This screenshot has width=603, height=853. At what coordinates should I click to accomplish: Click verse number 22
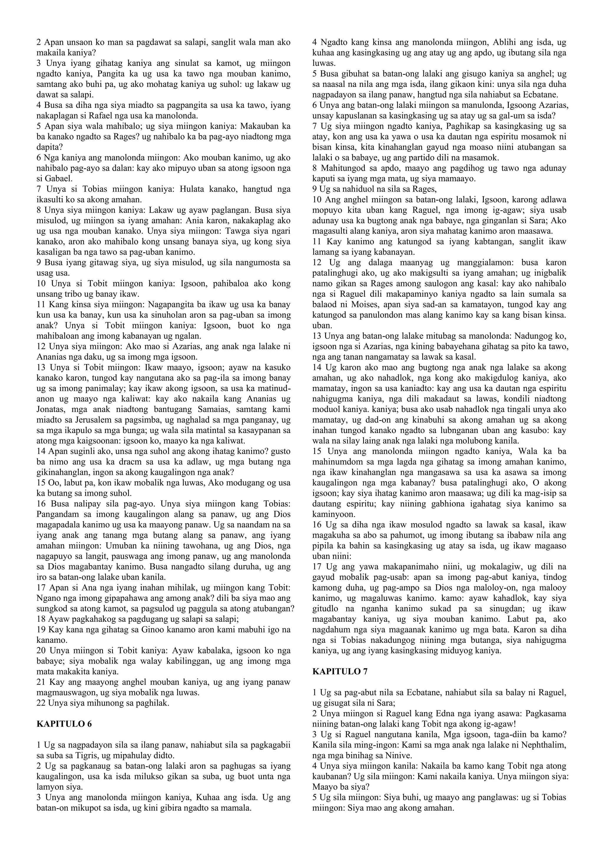(41, 703)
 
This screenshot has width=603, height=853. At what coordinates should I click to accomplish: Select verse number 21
(41, 682)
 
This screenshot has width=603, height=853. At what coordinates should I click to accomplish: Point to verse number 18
(41, 619)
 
